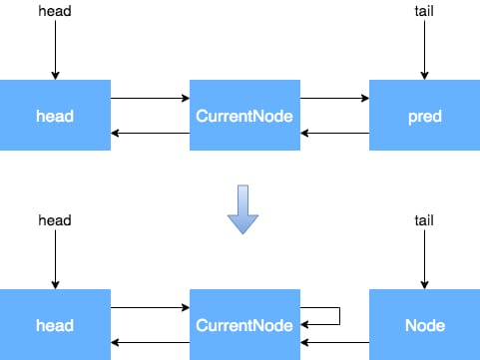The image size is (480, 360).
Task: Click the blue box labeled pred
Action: click(x=424, y=115)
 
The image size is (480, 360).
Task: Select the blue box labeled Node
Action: click(x=424, y=324)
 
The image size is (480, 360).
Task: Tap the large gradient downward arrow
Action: click(x=242, y=209)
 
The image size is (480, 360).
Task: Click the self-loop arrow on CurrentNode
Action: click(x=339, y=316)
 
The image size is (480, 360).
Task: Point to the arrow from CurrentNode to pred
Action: click(x=334, y=98)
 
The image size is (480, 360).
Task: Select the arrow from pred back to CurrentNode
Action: click(x=334, y=134)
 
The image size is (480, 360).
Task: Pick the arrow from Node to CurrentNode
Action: click(x=334, y=342)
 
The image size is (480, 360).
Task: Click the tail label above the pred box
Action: click(x=424, y=11)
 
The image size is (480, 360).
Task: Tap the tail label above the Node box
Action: click(x=424, y=220)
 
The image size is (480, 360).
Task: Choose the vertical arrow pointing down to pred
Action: click(x=424, y=50)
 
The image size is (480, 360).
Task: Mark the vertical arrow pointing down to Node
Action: click(x=424, y=259)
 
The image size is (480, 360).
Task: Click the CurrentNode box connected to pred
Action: click(x=244, y=115)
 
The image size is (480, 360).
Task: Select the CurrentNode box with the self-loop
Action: click(x=244, y=324)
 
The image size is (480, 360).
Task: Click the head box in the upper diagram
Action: click(x=55, y=115)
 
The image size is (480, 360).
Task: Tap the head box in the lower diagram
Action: click(x=55, y=324)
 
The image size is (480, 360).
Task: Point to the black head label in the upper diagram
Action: click(x=55, y=11)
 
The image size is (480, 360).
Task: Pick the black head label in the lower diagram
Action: click(x=55, y=220)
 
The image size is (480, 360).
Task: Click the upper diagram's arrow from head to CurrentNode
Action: click(x=150, y=98)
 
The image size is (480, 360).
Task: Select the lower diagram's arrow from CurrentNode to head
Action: click(x=150, y=342)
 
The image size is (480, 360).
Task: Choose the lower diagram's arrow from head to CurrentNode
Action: click(x=150, y=307)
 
